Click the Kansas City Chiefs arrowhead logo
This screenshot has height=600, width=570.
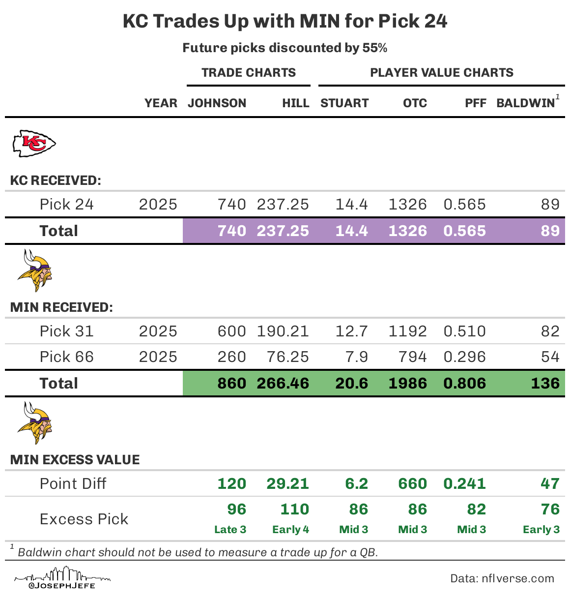pyautogui.click(x=34, y=144)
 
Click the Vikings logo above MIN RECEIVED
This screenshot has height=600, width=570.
pyautogui.click(x=34, y=271)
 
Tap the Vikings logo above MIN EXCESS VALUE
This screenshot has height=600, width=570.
pyautogui.click(x=34, y=423)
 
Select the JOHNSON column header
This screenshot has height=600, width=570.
pyautogui.click(x=217, y=103)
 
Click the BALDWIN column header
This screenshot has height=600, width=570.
pyautogui.click(x=526, y=103)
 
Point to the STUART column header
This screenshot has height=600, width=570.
pyautogui.click(x=344, y=103)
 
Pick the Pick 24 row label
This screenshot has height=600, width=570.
pyautogui.click(x=66, y=205)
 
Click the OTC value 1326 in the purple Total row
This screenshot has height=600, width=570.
pyautogui.click(x=407, y=231)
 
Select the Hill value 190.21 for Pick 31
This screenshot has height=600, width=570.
pyautogui.click(x=283, y=331)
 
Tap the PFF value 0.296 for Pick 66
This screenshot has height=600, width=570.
pyautogui.click(x=464, y=357)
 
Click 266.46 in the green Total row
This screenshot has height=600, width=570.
pyautogui.click(x=283, y=384)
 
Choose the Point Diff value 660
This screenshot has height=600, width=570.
pyautogui.click(x=412, y=484)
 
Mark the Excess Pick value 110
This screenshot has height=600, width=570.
pyautogui.click(x=294, y=510)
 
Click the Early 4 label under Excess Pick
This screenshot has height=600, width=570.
pyautogui.click(x=290, y=530)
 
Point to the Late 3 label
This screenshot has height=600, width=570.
pyautogui.click(x=230, y=530)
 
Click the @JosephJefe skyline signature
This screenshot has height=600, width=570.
pyautogui.click(x=62, y=578)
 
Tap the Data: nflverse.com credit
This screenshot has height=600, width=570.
pyautogui.click(x=502, y=579)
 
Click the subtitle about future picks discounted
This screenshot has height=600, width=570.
pyautogui.click(x=285, y=48)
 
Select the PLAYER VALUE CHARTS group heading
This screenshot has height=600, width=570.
pyautogui.click(x=441, y=73)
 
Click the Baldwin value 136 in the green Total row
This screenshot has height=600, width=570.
pyautogui.click(x=545, y=384)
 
